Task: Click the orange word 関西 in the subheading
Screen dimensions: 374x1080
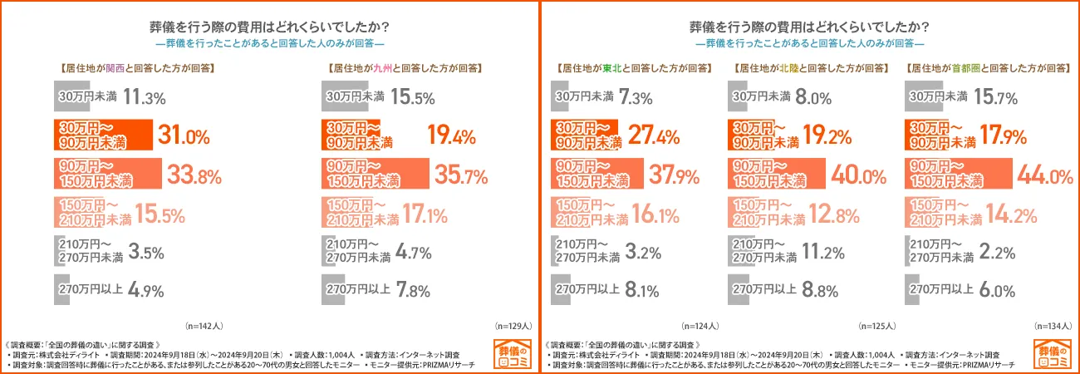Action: [x=115, y=69]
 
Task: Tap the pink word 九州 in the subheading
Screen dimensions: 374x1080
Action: [x=383, y=69]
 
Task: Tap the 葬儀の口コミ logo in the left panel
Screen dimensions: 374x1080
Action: [x=509, y=354]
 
